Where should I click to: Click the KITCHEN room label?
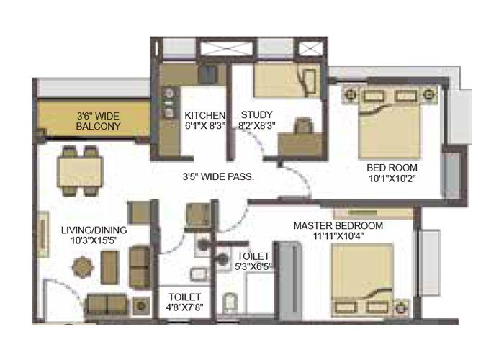205,116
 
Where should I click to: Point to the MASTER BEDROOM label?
338,225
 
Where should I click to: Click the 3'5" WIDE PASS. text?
220,175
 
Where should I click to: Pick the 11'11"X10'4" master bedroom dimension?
338,237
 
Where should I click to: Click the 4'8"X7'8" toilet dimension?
184,308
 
